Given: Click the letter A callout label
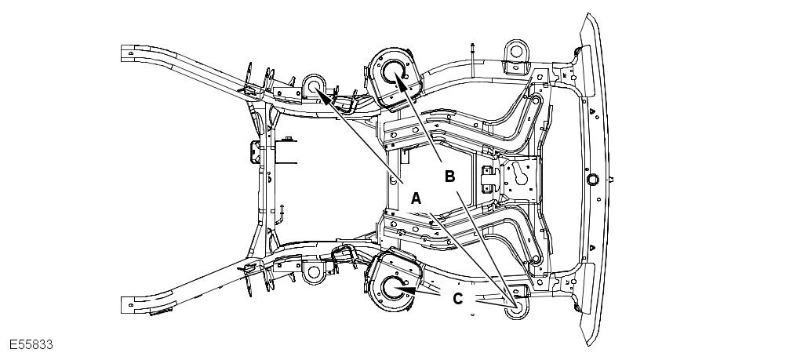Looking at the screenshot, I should point(417,198).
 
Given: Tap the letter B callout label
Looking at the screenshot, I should point(449,176).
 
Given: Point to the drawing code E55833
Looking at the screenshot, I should point(31,345).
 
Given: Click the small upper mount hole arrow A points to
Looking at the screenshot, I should point(315,86).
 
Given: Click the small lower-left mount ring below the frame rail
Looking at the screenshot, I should point(314,273).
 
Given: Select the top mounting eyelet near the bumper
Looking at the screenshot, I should point(515,51).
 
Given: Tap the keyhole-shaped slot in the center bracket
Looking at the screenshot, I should point(518,177).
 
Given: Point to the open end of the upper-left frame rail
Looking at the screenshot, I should point(125,54).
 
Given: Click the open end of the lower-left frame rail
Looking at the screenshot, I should point(125,304).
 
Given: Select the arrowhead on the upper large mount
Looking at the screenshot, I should point(399,82).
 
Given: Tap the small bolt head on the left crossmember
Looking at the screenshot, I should point(288,139).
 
